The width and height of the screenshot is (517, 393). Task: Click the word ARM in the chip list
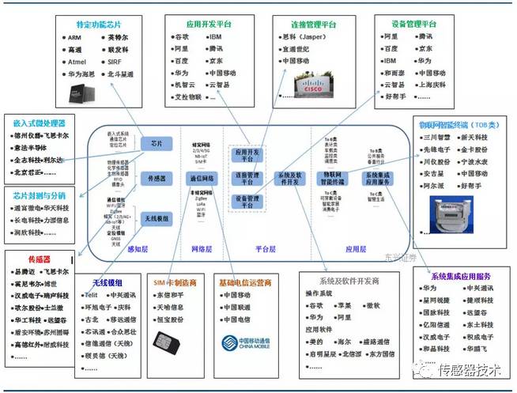click(74, 37)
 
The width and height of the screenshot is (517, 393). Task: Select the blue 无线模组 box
click(157, 218)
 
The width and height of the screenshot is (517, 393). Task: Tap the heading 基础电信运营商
click(246, 282)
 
